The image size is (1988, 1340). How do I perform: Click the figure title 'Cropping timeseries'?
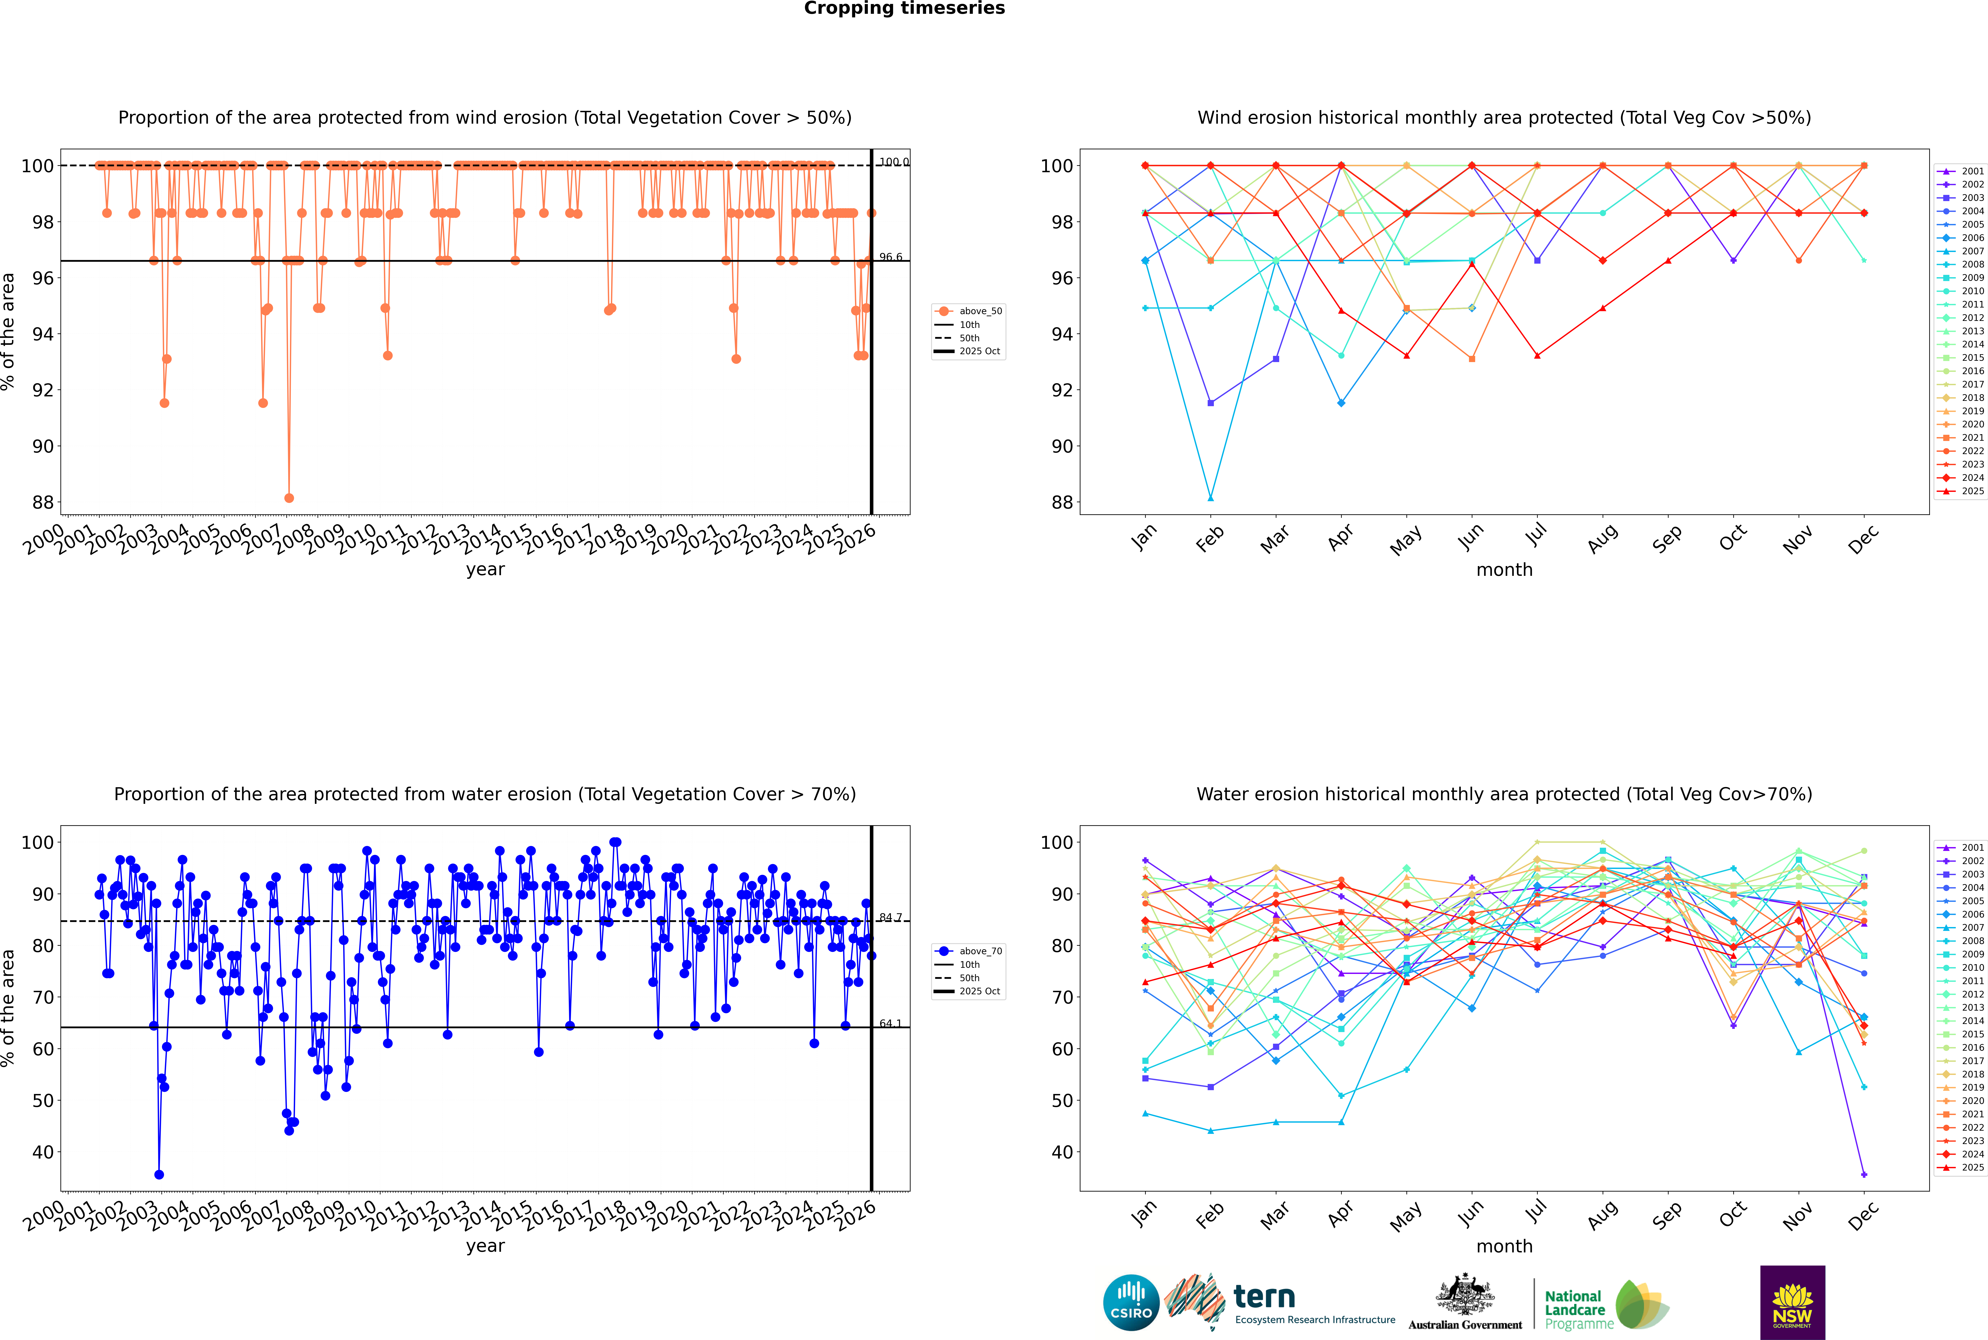coord(904,8)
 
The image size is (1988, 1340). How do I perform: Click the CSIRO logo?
coord(1131,1302)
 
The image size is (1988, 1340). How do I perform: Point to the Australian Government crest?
coord(1465,1295)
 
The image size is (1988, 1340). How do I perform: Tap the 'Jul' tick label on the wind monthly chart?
coord(1536,536)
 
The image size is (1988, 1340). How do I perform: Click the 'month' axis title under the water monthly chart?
coord(1504,1246)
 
